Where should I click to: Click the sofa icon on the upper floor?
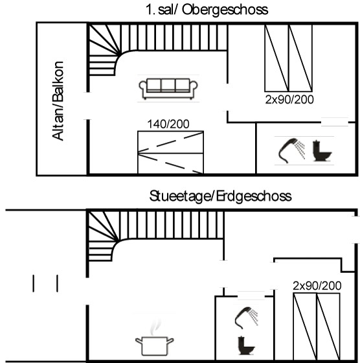point(168,89)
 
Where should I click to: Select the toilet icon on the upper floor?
point(322,151)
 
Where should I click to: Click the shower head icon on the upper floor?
point(291,150)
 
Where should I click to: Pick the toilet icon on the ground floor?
point(246,345)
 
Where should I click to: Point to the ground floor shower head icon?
point(246,318)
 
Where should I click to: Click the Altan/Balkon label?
point(58,100)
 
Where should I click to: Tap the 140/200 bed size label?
point(168,124)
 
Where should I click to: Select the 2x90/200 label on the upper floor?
point(289,100)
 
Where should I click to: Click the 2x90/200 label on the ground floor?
point(317,286)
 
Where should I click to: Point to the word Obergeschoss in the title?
point(225,10)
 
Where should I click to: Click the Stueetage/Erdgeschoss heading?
point(220,196)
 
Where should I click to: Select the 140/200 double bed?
point(171,152)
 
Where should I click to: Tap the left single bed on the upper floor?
point(276,58)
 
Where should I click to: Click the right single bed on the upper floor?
point(300,58)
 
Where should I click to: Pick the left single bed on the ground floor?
point(305,327)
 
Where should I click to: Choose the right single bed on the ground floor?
point(328,327)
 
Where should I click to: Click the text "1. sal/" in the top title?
point(159,10)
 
